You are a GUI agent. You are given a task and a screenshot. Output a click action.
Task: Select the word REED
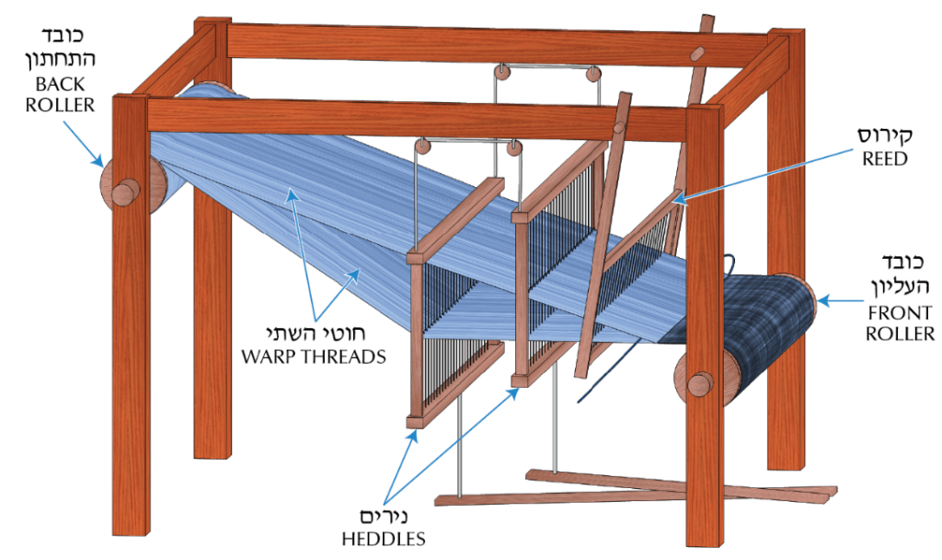[x=884, y=158]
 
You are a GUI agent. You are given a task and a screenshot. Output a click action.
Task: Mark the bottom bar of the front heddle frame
[x=454, y=382]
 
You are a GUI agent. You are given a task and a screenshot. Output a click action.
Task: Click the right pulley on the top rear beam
[x=592, y=74]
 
